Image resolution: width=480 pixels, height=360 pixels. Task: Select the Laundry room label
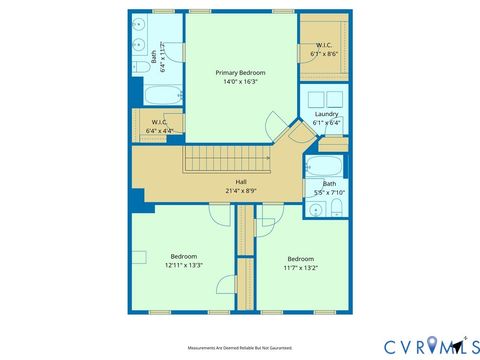click(327, 114)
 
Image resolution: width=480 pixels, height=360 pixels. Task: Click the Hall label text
click(241, 182)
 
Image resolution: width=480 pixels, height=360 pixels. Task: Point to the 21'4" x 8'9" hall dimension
click(241, 191)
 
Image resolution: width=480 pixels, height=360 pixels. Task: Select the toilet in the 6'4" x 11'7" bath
click(138, 67)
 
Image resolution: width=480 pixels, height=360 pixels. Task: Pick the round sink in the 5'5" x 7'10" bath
click(315, 210)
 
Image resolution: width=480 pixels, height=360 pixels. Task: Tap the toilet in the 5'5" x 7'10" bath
click(337, 207)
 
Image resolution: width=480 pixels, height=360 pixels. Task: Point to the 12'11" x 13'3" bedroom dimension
click(184, 266)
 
